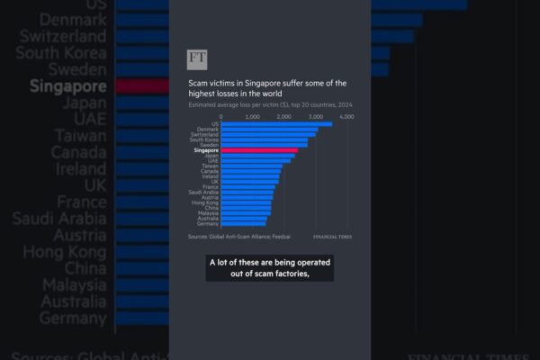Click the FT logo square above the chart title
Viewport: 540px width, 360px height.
click(x=197, y=59)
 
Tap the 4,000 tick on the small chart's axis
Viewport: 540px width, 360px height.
click(x=348, y=117)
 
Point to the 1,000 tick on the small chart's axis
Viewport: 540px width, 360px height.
click(x=253, y=117)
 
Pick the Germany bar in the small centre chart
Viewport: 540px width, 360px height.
click(x=243, y=223)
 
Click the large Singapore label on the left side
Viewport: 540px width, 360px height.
click(x=67, y=87)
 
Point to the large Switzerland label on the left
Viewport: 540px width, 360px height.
click(x=59, y=37)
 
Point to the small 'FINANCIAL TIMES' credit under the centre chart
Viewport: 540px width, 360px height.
click(x=332, y=237)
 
